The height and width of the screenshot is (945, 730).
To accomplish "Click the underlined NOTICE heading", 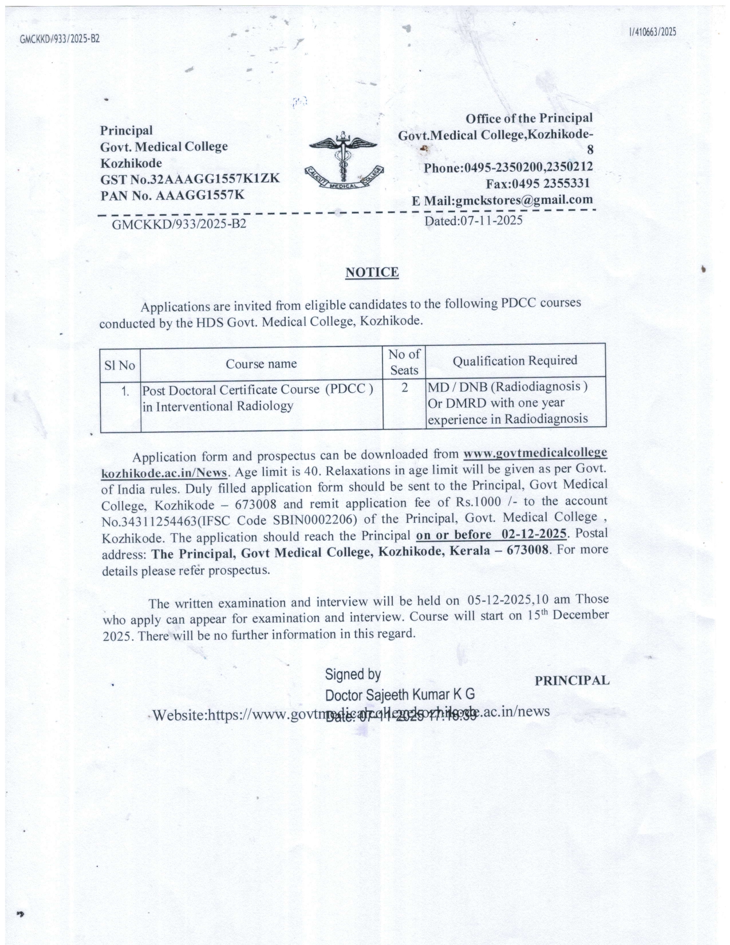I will point(372,272).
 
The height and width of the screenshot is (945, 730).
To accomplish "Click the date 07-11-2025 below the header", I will point(473,220).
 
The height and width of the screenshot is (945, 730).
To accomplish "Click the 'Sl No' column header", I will point(120,365).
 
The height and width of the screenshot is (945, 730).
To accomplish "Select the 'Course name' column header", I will point(261,364).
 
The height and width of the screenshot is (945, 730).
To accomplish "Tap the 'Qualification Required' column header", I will point(515,361).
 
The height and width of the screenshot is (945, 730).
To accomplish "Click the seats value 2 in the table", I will point(404,388).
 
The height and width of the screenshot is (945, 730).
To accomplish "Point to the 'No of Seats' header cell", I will point(404,362).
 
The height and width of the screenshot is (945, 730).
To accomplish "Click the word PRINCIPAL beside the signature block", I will point(572,680).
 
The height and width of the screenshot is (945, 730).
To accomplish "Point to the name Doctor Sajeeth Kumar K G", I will point(400,695).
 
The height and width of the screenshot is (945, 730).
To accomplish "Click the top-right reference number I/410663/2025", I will point(652,32).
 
